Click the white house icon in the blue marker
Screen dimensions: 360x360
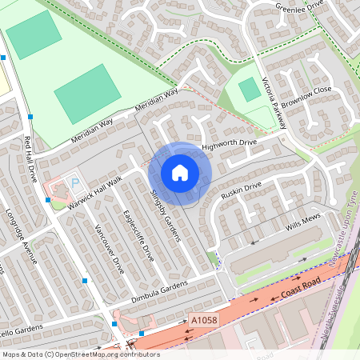tap(180, 172)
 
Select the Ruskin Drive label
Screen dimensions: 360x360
tap(242, 189)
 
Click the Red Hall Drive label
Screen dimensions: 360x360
tap(33, 159)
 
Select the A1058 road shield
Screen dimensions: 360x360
tap(203, 321)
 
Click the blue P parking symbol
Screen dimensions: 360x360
tap(76, 183)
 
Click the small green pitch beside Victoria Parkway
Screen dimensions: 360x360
tap(250, 90)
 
